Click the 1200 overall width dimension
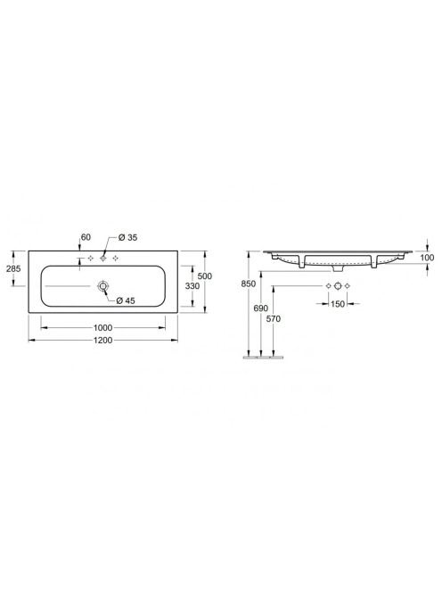[x=103, y=341]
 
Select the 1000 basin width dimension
[x=103, y=328]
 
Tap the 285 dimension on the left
[x=13, y=269]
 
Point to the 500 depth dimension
[x=205, y=276]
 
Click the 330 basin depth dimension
[x=192, y=286]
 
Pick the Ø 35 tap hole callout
[x=127, y=237]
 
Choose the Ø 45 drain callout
[x=126, y=300]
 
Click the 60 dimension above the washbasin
[x=86, y=237]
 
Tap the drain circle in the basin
[x=102, y=286]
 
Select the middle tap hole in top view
[x=103, y=259]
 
